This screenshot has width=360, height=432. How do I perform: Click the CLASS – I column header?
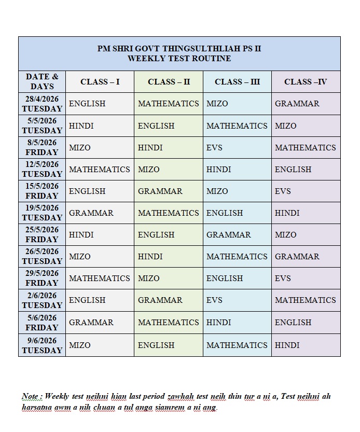point(100,81)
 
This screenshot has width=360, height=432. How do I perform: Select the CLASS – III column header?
point(237,81)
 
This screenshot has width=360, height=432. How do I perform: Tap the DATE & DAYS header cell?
point(42,81)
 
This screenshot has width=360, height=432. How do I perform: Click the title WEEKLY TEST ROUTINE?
point(179,59)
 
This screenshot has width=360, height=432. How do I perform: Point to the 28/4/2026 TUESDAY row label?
point(42,104)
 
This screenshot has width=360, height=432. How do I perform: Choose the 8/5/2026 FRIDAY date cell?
point(42,147)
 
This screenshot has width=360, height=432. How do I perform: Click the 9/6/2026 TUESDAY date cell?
point(42,345)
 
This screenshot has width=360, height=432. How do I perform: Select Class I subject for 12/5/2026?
point(100,169)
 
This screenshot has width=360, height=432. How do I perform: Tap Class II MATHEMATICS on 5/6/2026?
point(168,322)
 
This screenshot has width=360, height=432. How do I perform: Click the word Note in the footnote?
point(30,396)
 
